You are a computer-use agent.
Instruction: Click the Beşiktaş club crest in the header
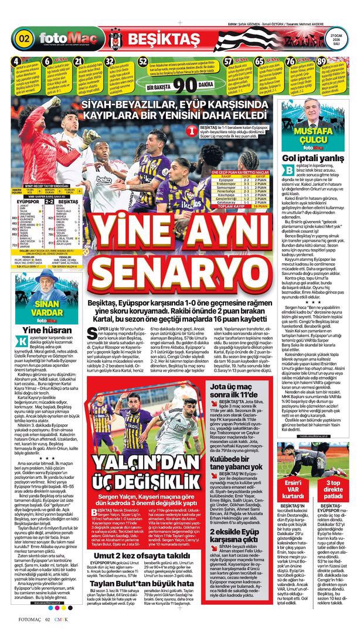114,39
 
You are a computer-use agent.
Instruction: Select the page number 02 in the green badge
25,40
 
